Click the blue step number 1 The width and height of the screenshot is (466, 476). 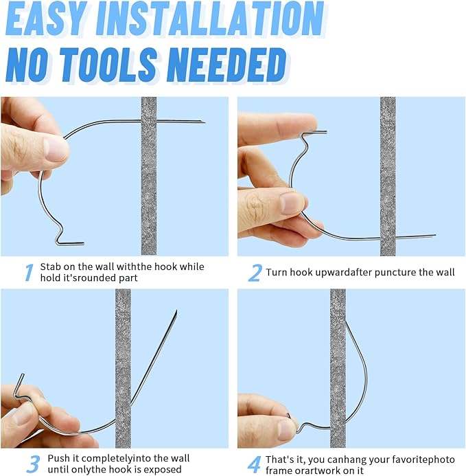click(x=29, y=272)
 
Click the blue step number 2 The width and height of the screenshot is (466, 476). click(x=255, y=273)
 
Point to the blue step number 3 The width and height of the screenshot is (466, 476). click(x=33, y=464)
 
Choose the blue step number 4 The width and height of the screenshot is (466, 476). click(x=254, y=464)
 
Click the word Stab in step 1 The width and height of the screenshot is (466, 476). click(x=51, y=267)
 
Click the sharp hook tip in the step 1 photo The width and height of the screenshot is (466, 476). click(x=204, y=122)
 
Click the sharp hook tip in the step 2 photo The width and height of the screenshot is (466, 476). click(x=434, y=235)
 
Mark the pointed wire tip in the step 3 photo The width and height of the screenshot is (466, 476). click(x=176, y=311)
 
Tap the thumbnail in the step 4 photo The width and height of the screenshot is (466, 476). click(x=286, y=429)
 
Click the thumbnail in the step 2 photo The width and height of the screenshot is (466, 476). click(x=290, y=202)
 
